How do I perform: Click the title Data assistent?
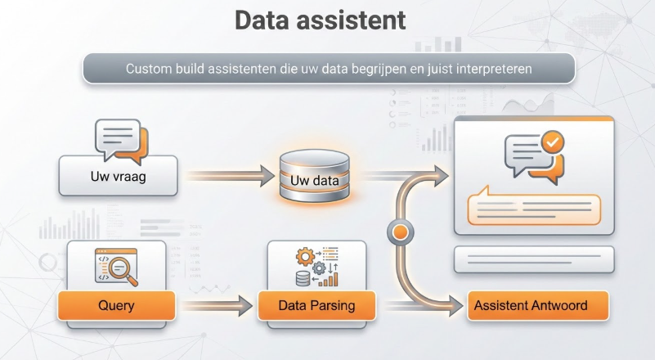[320, 20]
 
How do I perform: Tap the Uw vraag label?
[118, 177]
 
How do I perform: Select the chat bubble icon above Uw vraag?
[118, 139]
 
